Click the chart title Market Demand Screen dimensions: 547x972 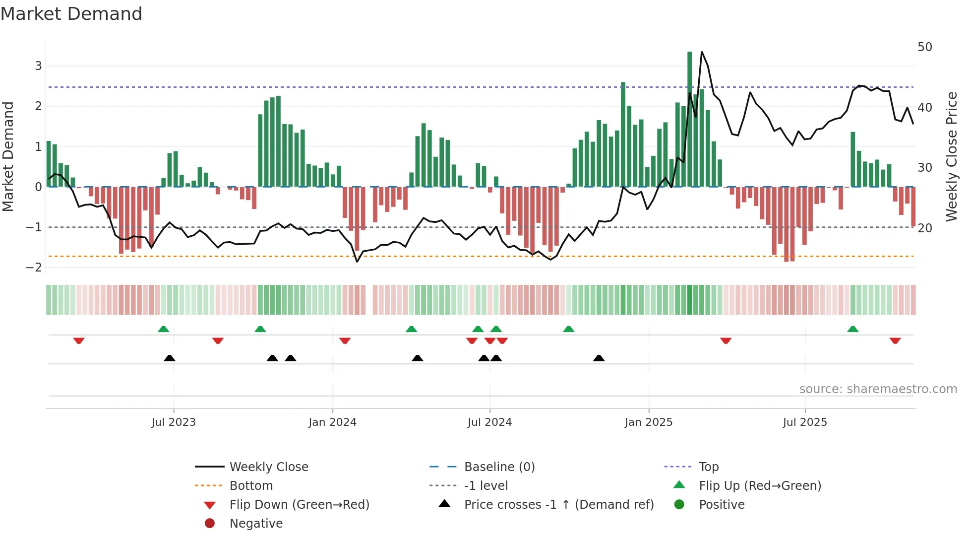pyautogui.click(x=71, y=14)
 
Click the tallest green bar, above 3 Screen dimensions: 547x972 pyautogui.click(x=689, y=119)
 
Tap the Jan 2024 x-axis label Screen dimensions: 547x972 pyautogui.click(x=332, y=422)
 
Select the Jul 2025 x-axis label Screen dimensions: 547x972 pyautogui.click(x=805, y=422)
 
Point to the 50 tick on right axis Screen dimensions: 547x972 pyautogui.click(x=925, y=47)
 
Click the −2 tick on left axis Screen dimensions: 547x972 pyautogui.click(x=34, y=268)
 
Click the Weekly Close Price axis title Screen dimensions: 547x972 pyautogui.click(x=951, y=156)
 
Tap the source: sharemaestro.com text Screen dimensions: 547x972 pyautogui.click(x=878, y=389)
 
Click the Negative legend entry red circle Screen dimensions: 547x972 pyautogui.click(x=210, y=524)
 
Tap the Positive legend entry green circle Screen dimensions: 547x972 pyautogui.click(x=679, y=505)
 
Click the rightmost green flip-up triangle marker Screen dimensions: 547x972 pyautogui.click(x=852, y=329)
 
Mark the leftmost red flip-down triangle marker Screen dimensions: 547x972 pyautogui.click(x=79, y=341)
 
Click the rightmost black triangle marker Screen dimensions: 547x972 pyautogui.click(x=599, y=358)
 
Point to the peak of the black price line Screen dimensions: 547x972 pyautogui.click(x=701, y=52)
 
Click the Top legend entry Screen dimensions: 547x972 pyautogui.click(x=708, y=467)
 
